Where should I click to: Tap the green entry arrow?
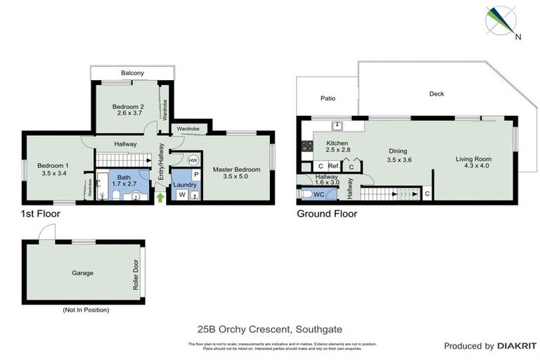coord(160,198)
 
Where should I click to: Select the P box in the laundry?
coord(196,174)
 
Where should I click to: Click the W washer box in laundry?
coord(182,195)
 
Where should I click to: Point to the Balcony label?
coord(132,73)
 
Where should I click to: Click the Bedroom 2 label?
coord(127,107)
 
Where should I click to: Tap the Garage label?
coord(82,273)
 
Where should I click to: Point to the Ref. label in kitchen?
coord(334,167)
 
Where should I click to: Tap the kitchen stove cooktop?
coord(307,146)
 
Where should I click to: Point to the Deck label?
coord(436,94)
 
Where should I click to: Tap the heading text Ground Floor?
coord(326,214)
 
